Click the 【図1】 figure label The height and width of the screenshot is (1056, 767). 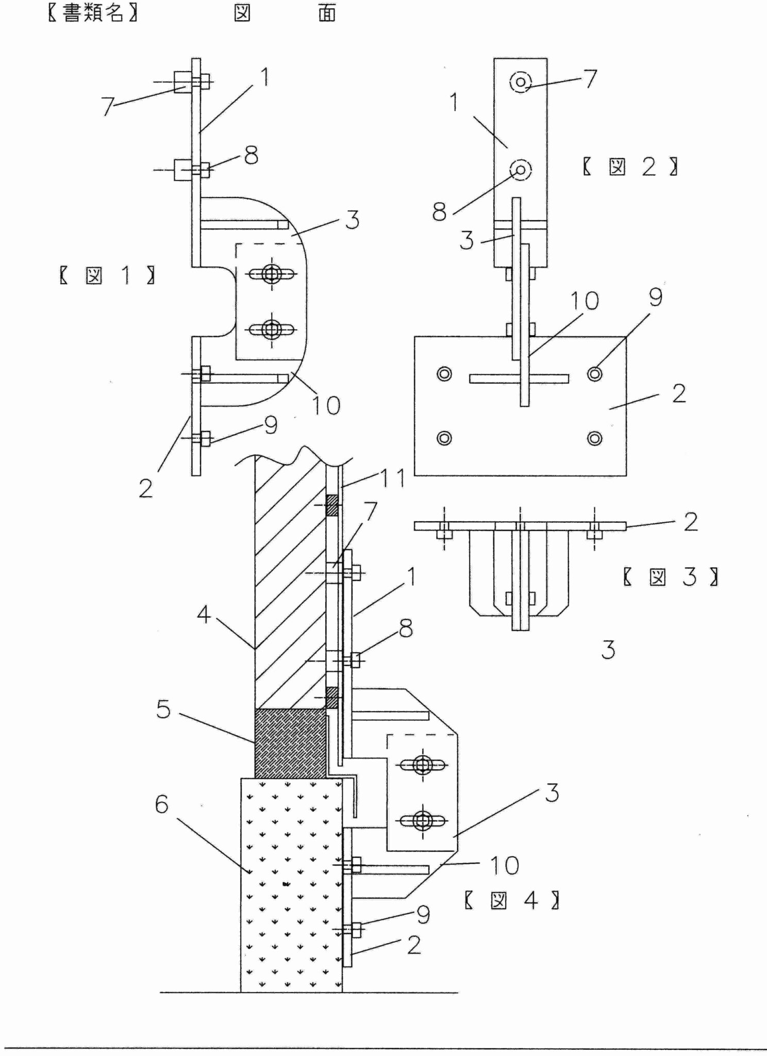pos(107,276)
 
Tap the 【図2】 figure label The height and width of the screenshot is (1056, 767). pos(630,167)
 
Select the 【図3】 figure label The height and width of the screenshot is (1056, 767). pos(671,576)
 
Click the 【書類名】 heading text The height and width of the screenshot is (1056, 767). pos(93,13)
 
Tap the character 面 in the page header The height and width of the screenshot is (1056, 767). pos(327,13)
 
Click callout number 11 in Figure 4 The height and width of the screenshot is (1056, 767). pos(393,478)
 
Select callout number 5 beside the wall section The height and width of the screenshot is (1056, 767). pos(163,709)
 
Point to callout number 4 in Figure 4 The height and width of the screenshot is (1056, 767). pos(204,615)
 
